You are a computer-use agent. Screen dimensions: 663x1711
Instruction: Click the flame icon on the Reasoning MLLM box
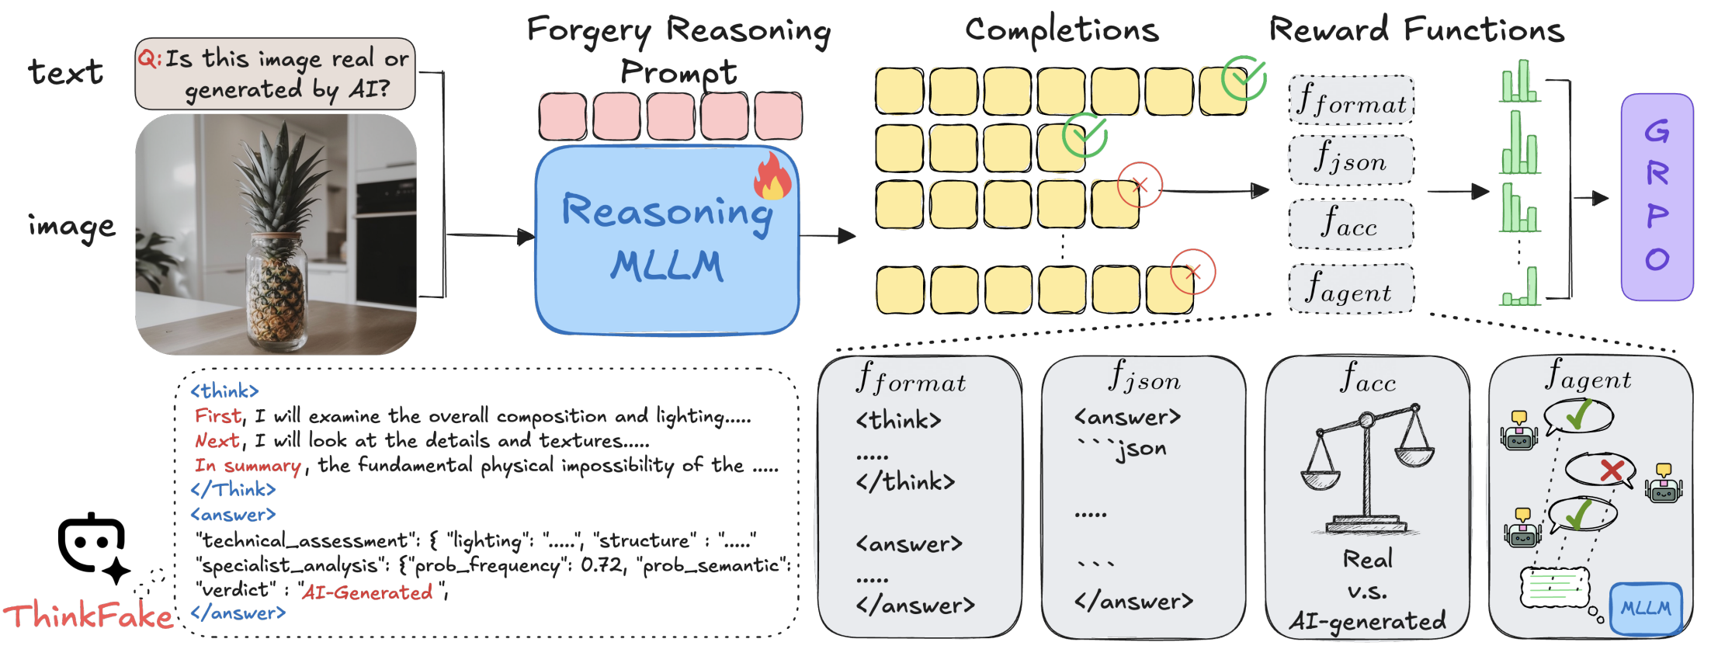point(772,176)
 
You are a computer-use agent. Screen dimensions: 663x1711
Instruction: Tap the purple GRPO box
point(1657,196)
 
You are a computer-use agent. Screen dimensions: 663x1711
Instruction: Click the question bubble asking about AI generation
point(275,74)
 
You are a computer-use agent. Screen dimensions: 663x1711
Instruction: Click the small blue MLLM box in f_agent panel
point(1646,609)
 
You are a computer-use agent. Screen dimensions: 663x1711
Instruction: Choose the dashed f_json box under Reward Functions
point(1351,160)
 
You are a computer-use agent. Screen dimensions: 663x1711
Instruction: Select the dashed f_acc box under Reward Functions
point(1351,224)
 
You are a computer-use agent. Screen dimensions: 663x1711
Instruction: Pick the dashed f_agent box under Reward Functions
point(1351,289)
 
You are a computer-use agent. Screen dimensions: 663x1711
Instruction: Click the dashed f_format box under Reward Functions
point(1351,100)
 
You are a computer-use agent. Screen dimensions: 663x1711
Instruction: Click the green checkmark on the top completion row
point(1244,78)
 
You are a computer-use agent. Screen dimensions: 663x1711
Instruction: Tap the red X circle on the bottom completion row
point(1193,272)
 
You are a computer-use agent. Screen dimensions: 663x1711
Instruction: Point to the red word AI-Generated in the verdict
point(366,592)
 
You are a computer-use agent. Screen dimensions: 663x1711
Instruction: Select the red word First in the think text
point(217,416)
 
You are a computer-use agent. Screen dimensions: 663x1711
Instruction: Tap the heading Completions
point(1061,31)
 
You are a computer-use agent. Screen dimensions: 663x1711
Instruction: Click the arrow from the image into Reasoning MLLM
point(489,235)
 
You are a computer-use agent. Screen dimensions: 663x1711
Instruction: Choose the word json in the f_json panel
point(1140,449)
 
